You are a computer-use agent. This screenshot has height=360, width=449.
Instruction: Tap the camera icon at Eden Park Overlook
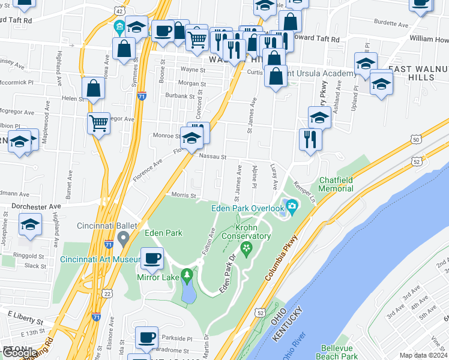point(292,208)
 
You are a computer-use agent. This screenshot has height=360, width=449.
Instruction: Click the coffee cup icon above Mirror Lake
point(152,259)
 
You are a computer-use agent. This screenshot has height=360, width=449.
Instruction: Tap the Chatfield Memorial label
point(336,184)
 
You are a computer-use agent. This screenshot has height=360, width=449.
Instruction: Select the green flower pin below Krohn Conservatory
point(245,247)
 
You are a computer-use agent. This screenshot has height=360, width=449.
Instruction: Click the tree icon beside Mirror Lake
point(188,276)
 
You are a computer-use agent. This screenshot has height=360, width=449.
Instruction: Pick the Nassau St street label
point(212,157)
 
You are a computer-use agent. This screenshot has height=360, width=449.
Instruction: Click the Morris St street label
point(184,195)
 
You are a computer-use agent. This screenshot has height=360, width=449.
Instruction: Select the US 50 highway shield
point(415,139)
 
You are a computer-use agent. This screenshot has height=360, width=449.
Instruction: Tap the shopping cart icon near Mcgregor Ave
point(98,124)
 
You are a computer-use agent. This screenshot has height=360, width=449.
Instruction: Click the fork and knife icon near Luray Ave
point(310,139)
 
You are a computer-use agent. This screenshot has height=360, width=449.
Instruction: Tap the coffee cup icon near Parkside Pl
point(146,337)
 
